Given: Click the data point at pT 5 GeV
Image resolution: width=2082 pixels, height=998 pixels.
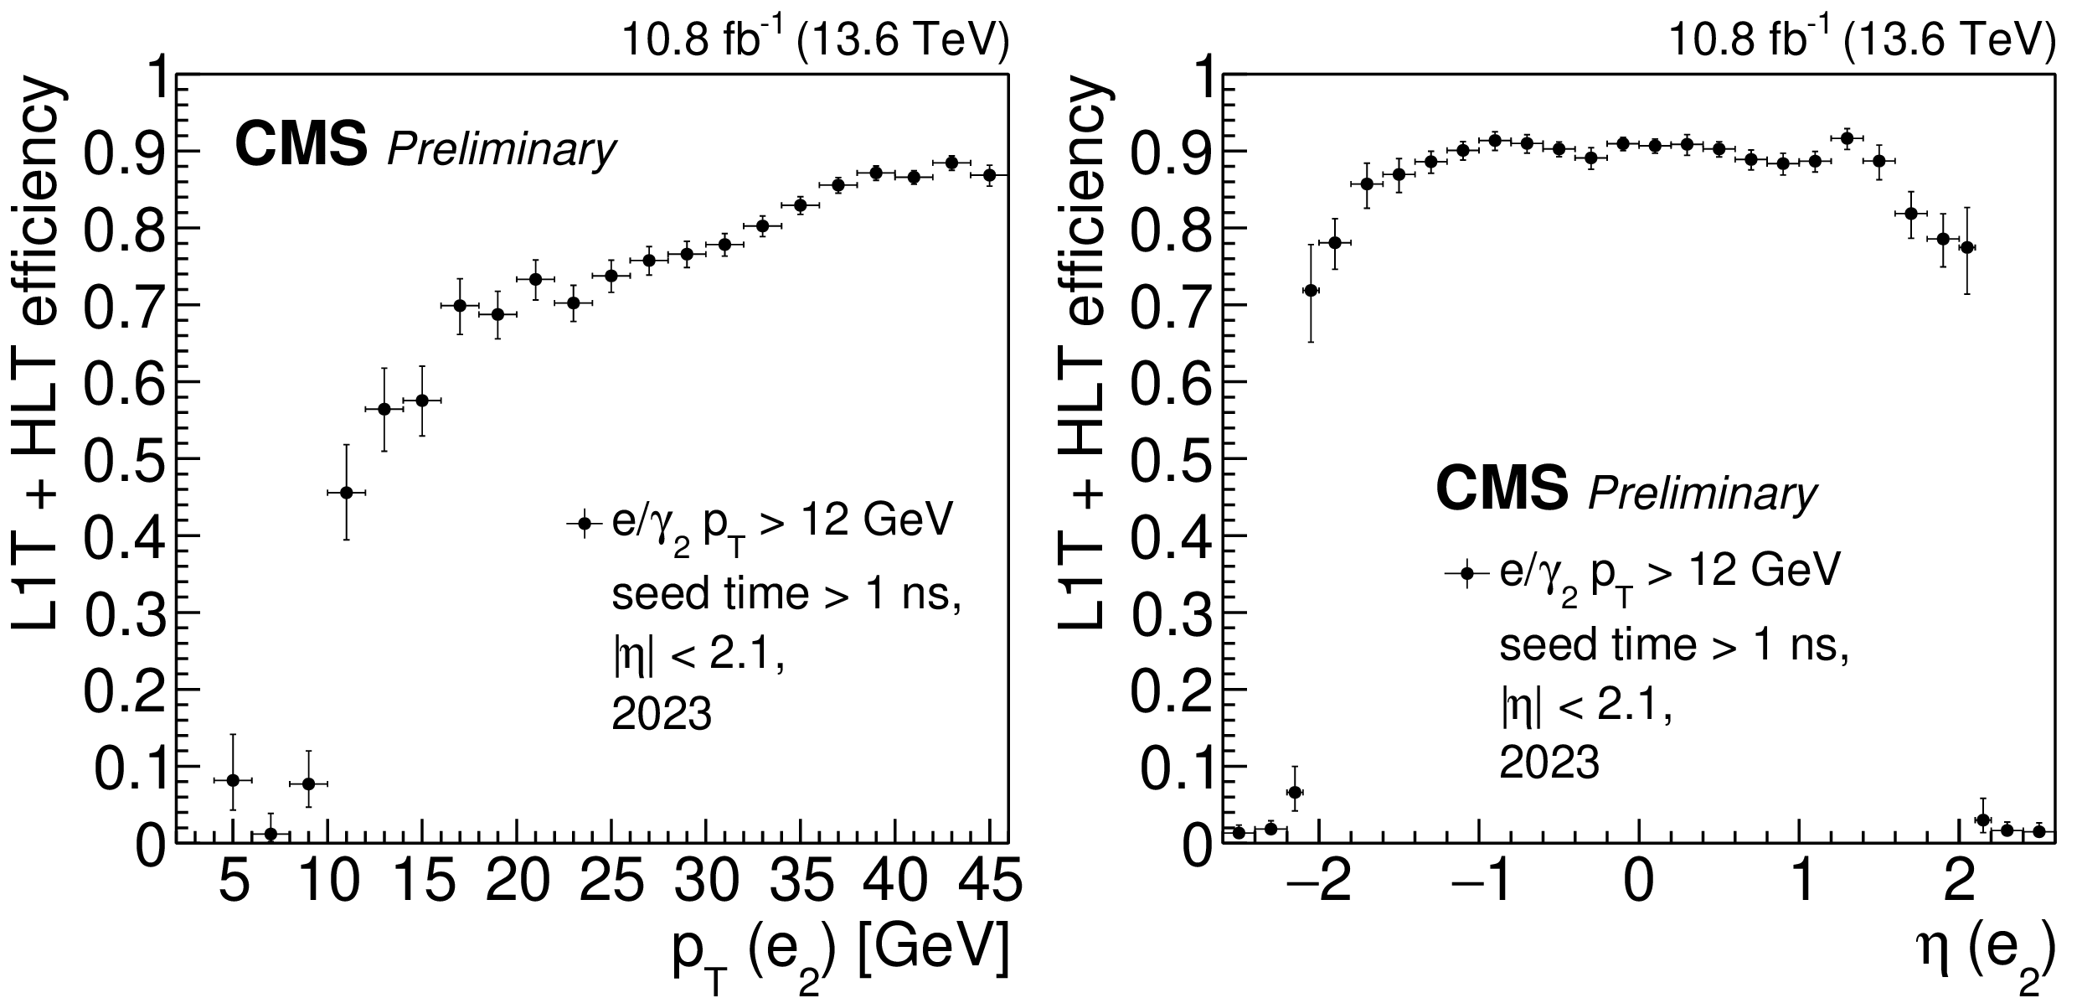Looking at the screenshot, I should [x=233, y=780].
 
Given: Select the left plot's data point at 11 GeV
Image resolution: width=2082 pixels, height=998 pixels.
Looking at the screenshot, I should [x=346, y=493].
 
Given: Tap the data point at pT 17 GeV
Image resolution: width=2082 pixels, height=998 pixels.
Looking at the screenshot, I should [x=459, y=305].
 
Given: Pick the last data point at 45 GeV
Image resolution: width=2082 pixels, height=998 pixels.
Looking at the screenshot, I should [x=989, y=175].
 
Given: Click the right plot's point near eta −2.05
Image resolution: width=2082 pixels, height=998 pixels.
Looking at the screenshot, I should [x=1311, y=290].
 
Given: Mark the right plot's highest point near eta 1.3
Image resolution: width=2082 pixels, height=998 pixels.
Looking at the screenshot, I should [x=1847, y=137].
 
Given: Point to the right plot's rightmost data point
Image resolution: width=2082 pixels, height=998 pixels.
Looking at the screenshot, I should [x=2039, y=831].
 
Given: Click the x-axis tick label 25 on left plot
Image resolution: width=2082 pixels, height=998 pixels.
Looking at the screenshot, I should [x=611, y=884].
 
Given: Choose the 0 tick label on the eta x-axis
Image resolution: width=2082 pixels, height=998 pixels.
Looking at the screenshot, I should [x=1638, y=884].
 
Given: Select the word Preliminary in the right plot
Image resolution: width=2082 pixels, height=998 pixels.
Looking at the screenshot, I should [x=1703, y=494].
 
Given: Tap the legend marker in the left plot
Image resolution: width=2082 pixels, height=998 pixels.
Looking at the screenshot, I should [x=585, y=524].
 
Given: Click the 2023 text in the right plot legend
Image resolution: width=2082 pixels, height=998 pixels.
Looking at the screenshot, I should [x=1549, y=763].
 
